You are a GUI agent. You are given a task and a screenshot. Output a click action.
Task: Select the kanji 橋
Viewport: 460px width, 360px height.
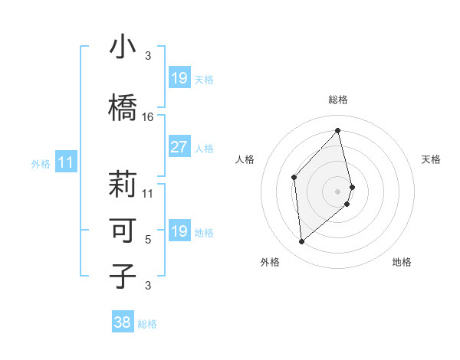[123, 107]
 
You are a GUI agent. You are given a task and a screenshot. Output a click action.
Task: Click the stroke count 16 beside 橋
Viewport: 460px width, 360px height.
[148, 117]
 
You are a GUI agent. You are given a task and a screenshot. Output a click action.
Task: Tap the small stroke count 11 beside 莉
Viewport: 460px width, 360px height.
[148, 193]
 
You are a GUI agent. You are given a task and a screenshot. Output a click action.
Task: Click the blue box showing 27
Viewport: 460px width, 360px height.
[179, 148]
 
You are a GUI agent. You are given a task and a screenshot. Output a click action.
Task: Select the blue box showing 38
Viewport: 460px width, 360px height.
[123, 322]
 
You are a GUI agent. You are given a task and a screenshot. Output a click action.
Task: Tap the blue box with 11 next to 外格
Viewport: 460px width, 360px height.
[65, 162]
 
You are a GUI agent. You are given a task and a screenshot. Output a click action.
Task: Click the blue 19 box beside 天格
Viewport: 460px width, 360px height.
[179, 78]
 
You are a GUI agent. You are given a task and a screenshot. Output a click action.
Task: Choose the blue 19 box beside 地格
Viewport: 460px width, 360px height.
[179, 231]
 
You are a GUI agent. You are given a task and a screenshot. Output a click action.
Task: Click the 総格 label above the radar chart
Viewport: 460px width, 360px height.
[338, 100]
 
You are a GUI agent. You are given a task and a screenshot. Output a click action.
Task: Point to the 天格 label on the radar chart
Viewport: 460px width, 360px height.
[432, 159]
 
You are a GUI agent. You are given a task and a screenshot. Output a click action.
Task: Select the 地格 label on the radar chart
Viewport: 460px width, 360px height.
[402, 262]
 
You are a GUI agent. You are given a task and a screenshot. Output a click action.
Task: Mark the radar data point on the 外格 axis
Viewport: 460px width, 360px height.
[302, 242]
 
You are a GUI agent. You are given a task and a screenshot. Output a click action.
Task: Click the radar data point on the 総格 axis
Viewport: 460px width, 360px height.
[338, 130]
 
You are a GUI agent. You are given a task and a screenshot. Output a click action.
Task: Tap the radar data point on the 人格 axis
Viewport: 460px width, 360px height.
[294, 177]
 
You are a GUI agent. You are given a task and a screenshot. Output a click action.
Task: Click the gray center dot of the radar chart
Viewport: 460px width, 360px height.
[338, 190]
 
